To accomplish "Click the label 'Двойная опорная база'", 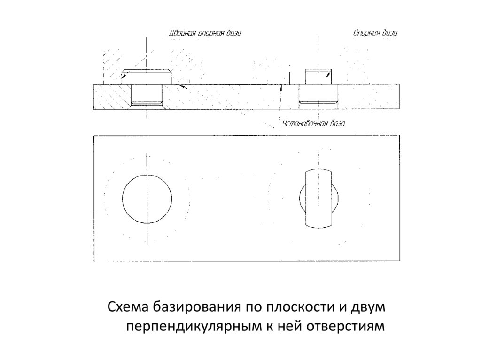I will click(205, 34).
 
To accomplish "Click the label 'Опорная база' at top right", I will click(375, 33).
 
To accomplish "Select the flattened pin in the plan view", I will click(318, 199).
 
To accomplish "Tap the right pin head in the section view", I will click(318, 76).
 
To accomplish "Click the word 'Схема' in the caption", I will click(128, 307).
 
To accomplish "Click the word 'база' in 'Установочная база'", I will click(336, 124).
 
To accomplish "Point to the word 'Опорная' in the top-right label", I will click(366, 33).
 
